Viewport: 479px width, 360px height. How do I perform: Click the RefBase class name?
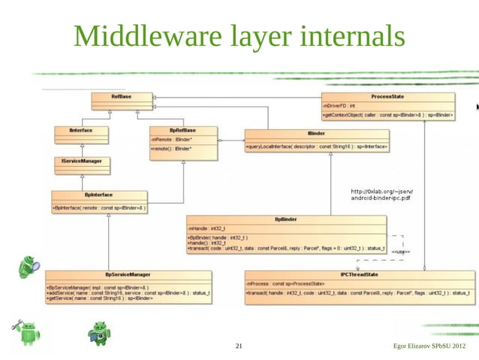[121, 96]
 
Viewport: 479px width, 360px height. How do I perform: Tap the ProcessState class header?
[387, 96]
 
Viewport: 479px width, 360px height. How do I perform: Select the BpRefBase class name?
[183, 130]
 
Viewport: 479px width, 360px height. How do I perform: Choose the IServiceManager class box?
[81, 161]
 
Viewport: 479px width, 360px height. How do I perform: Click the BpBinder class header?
[286, 219]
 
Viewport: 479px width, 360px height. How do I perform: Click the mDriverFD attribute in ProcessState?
[342, 107]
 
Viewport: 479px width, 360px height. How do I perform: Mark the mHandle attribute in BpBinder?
[203, 228]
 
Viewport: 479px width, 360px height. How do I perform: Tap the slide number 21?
[239, 346]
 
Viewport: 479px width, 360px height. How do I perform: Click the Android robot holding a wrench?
[26, 331]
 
